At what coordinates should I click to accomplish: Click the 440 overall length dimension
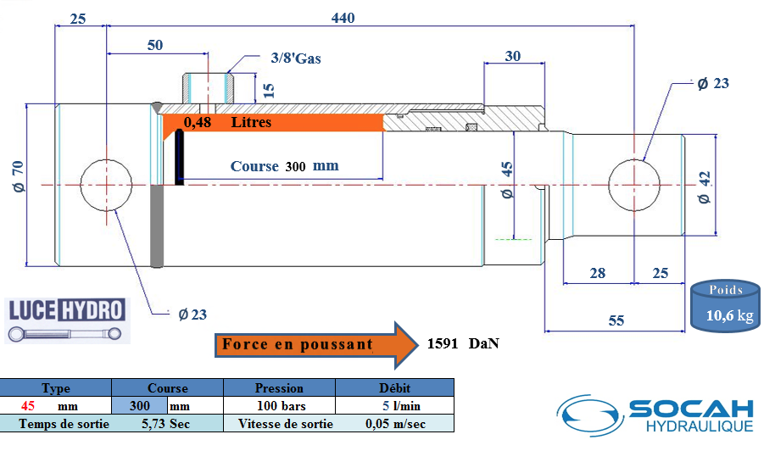pyautogui.click(x=343, y=18)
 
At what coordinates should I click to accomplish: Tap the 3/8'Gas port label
pyautogui.click(x=296, y=58)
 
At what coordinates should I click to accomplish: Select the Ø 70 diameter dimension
pyautogui.click(x=19, y=176)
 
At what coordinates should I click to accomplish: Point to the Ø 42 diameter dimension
pyautogui.click(x=705, y=187)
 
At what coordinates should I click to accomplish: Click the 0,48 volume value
pyautogui.click(x=198, y=122)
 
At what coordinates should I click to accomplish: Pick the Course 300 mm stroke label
pyautogui.click(x=284, y=166)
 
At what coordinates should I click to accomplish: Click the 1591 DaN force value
pyautogui.click(x=463, y=343)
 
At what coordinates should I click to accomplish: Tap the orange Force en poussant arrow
pyautogui.click(x=316, y=345)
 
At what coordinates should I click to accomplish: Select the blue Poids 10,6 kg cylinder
pyautogui.click(x=725, y=306)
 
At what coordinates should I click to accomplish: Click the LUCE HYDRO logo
pyautogui.click(x=67, y=320)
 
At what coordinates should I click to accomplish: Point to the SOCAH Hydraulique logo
pyautogui.click(x=655, y=415)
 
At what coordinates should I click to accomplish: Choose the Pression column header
pyautogui.click(x=279, y=387)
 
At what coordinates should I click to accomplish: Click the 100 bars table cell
pyautogui.click(x=281, y=406)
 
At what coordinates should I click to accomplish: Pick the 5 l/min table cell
pyautogui.click(x=401, y=406)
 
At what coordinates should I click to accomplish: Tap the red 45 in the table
pyautogui.click(x=28, y=406)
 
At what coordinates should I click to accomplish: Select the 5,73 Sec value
pyautogui.click(x=165, y=424)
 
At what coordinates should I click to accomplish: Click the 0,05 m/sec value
pyautogui.click(x=395, y=424)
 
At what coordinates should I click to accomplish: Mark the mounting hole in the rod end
pyautogui.click(x=634, y=185)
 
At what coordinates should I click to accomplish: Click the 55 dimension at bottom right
pyautogui.click(x=616, y=320)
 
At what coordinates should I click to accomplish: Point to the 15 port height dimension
pyautogui.click(x=269, y=90)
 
